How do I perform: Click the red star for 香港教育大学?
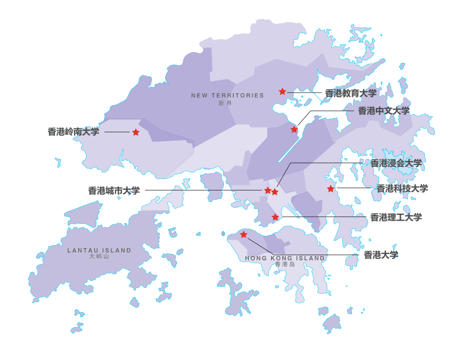tap(282, 91)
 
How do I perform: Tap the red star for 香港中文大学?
tap(294, 129)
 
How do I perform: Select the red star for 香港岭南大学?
tap(136, 132)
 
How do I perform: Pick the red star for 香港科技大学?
tap(331, 189)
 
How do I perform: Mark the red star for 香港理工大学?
tap(275, 217)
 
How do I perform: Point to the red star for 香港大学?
tap(243, 235)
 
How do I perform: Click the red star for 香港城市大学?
tap(267, 190)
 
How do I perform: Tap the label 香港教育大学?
tap(350, 93)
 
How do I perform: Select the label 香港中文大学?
tap(384, 111)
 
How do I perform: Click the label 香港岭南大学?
tap(73, 132)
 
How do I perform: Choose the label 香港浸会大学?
tap(396, 163)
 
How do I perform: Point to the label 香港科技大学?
tap(402, 189)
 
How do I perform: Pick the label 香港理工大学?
tap(396, 217)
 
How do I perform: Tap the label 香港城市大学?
tap(114, 190)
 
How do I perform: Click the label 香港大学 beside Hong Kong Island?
tap(381, 255)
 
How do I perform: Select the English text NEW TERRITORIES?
tap(228, 95)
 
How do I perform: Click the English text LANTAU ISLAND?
tap(99, 250)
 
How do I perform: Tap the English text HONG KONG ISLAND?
tap(285, 258)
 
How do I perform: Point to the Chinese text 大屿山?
tap(99, 256)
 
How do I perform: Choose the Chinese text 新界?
tap(226, 104)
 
